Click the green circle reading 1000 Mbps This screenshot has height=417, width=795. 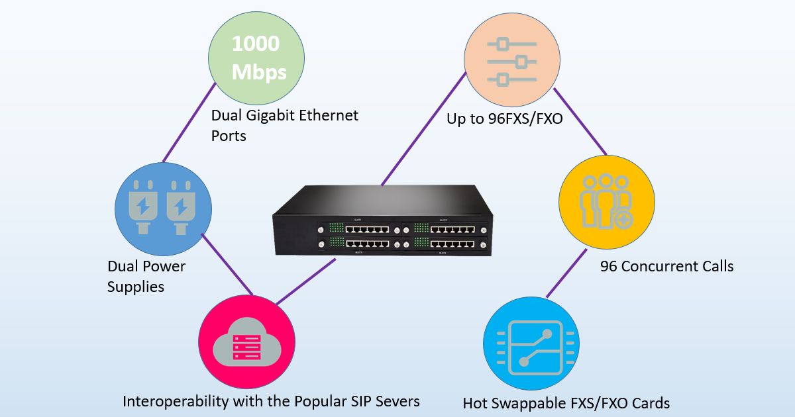click(x=256, y=58)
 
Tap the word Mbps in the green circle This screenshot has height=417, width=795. click(x=259, y=71)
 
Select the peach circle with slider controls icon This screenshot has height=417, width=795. click(x=512, y=62)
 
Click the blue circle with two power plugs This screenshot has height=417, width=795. click(x=164, y=208)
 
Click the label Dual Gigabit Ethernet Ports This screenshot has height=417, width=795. click(x=284, y=125)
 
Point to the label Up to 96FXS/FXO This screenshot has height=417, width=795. click(x=504, y=120)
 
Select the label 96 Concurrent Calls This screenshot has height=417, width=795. click(x=666, y=267)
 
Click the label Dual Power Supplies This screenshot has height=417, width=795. click(x=146, y=277)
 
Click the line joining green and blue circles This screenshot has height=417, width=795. click(x=189, y=124)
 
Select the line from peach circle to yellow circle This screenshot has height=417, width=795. click(x=580, y=121)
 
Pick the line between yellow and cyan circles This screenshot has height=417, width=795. click(x=566, y=273)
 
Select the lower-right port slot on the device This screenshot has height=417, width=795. click(x=450, y=245)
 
